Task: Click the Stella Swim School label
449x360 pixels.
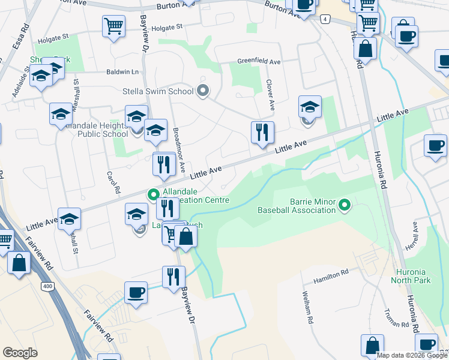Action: pyautogui.click(x=158, y=91)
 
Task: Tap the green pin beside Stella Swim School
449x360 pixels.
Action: pyautogui.click(x=203, y=91)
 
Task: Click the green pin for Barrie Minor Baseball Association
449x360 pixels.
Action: pyautogui.click(x=345, y=206)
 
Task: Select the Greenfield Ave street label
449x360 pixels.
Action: pyautogui.click(x=259, y=61)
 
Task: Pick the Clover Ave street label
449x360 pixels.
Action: pyautogui.click(x=271, y=96)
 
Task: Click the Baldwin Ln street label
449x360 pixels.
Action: pyautogui.click(x=122, y=71)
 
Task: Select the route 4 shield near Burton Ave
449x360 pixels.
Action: pyautogui.click(x=325, y=19)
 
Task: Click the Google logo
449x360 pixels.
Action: pyautogui.click(x=20, y=353)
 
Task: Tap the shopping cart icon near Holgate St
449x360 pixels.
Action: pyautogui.click(x=113, y=26)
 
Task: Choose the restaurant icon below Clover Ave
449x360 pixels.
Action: pyautogui.click(x=262, y=133)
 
